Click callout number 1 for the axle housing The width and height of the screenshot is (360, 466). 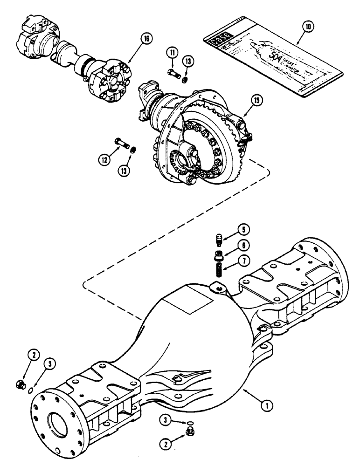[x=266, y=406]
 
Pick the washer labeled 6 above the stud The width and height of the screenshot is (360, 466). [x=218, y=254]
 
